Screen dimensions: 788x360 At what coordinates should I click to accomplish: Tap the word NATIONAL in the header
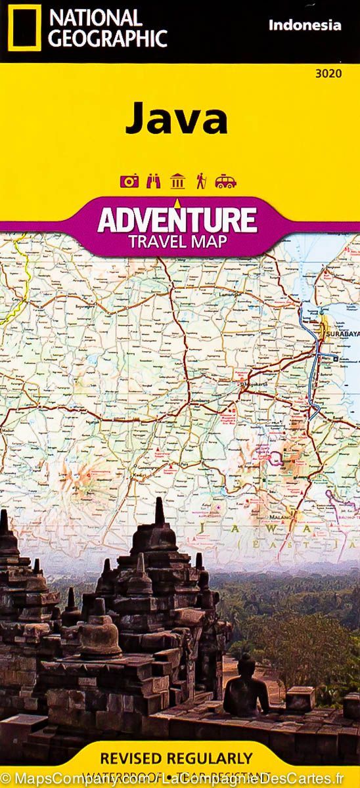[95, 17]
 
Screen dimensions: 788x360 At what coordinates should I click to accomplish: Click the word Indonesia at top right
[305, 26]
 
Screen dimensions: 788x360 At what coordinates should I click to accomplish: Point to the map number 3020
[328, 73]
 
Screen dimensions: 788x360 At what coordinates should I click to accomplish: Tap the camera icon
[129, 182]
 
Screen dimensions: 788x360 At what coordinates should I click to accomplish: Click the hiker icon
[201, 182]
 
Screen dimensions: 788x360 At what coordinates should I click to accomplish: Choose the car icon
[225, 182]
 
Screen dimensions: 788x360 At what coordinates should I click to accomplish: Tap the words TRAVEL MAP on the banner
[178, 240]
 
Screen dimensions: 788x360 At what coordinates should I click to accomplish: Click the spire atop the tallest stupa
[159, 509]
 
